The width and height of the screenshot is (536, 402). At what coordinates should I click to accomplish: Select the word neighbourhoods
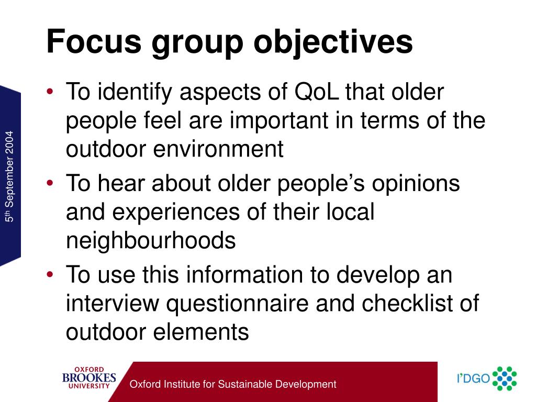point(151,240)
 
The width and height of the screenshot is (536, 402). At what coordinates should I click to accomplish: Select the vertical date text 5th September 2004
point(10,178)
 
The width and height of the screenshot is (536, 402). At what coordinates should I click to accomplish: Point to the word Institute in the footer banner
point(182,384)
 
